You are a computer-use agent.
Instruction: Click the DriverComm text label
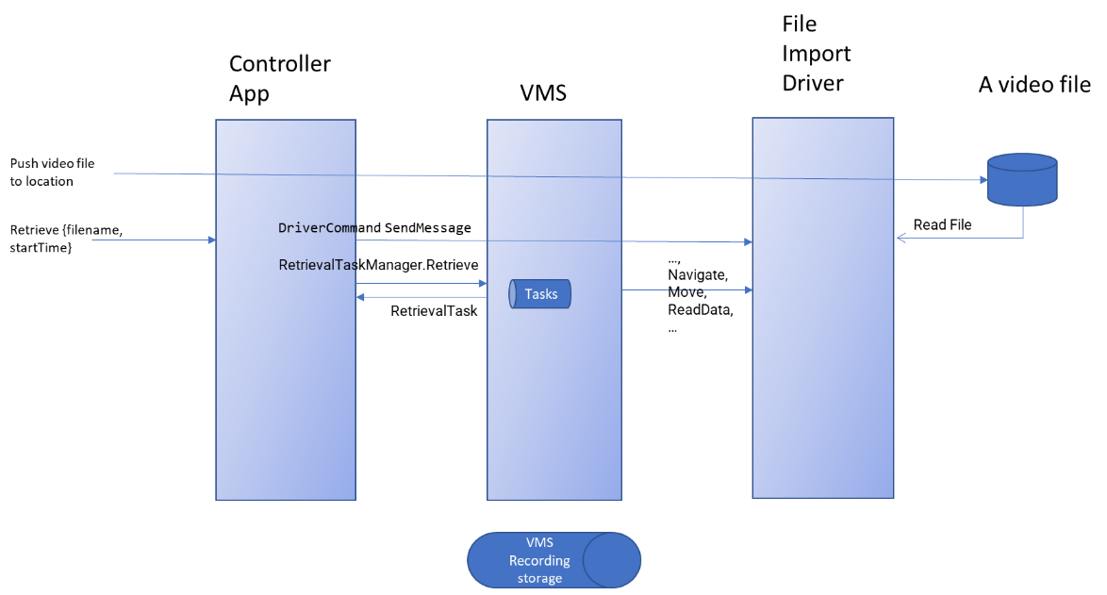pos(316,228)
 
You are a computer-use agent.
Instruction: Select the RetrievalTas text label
pos(317,266)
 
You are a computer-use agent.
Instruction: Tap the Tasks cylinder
pos(541,294)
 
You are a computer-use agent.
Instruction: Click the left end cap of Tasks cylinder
pos(513,294)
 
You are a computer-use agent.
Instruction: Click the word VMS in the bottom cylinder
pos(539,543)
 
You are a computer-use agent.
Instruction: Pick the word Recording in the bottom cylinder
pos(539,561)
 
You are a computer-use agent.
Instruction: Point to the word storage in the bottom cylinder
pos(539,578)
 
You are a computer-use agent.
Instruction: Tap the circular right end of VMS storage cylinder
pos(612,560)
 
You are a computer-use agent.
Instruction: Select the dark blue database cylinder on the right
pos(1022,184)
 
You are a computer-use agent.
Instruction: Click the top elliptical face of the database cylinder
pos(1022,162)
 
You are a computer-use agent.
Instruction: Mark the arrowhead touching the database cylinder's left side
pos(982,179)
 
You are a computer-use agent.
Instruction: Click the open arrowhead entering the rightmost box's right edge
pos(900,238)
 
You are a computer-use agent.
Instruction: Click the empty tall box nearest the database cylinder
pos(822,377)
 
